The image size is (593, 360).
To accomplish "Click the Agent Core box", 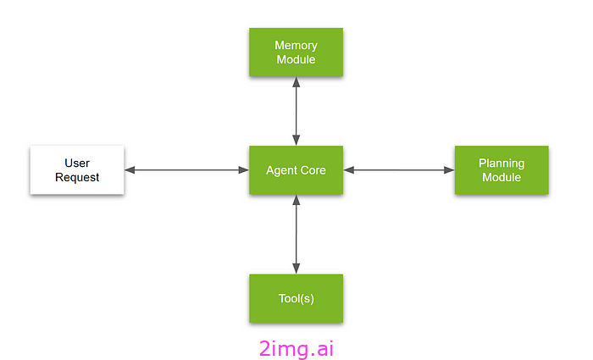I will pyautogui.click(x=296, y=170).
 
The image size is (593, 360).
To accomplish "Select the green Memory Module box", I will pyautogui.click(x=296, y=52).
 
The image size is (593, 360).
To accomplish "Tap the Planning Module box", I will pyautogui.click(x=502, y=170).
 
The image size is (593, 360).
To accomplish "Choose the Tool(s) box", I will pyautogui.click(x=296, y=298).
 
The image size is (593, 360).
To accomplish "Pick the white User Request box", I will pyautogui.click(x=77, y=170).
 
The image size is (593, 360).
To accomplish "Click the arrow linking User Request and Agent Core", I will pyautogui.click(x=186, y=170).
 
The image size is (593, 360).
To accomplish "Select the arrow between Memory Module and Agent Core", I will pyautogui.click(x=296, y=110).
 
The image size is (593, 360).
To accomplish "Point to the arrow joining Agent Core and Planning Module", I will pyautogui.click(x=399, y=170).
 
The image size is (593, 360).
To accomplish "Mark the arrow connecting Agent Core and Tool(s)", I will pyautogui.click(x=296, y=234).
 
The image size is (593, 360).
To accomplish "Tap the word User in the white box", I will pyautogui.click(x=77, y=163).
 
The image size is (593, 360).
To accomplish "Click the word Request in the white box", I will pyautogui.click(x=77, y=177).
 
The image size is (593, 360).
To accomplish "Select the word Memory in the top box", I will pyautogui.click(x=296, y=45).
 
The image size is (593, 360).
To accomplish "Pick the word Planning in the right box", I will pyautogui.click(x=502, y=163).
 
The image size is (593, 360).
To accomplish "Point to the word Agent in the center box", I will pyautogui.click(x=281, y=170).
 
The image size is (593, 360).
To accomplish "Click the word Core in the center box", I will pyautogui.click(x=313, y=170).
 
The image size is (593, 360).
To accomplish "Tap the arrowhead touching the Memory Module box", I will pyautogui.click(x=296, y=80).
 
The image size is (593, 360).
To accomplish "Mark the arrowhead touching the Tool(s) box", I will pyautogui.click(x=296, y=269).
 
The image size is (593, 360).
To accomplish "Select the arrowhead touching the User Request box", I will pyautogui.click(x=130, y=170).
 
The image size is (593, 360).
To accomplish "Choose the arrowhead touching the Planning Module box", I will pyautogui.click(x=449, y=170).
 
